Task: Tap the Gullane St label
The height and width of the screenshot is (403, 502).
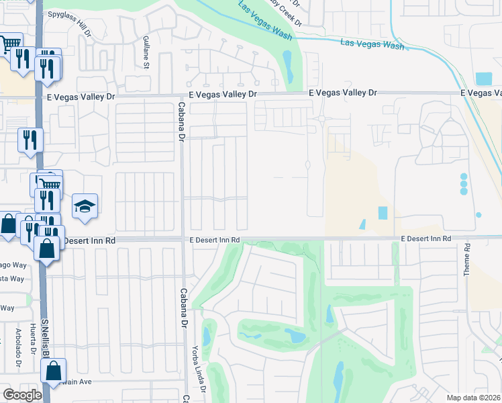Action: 146,52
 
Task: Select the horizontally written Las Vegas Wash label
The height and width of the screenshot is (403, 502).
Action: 372,45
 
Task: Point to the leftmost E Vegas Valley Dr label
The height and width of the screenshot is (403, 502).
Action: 85,97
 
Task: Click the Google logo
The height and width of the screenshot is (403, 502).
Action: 22,395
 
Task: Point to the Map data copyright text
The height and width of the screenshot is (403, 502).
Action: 474,398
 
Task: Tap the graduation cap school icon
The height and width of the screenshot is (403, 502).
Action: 85,206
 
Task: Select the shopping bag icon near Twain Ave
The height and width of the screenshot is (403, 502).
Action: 53,371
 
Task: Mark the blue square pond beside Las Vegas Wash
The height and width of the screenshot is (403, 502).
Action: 483,79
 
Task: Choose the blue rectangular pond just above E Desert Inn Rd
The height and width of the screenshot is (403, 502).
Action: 383,213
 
